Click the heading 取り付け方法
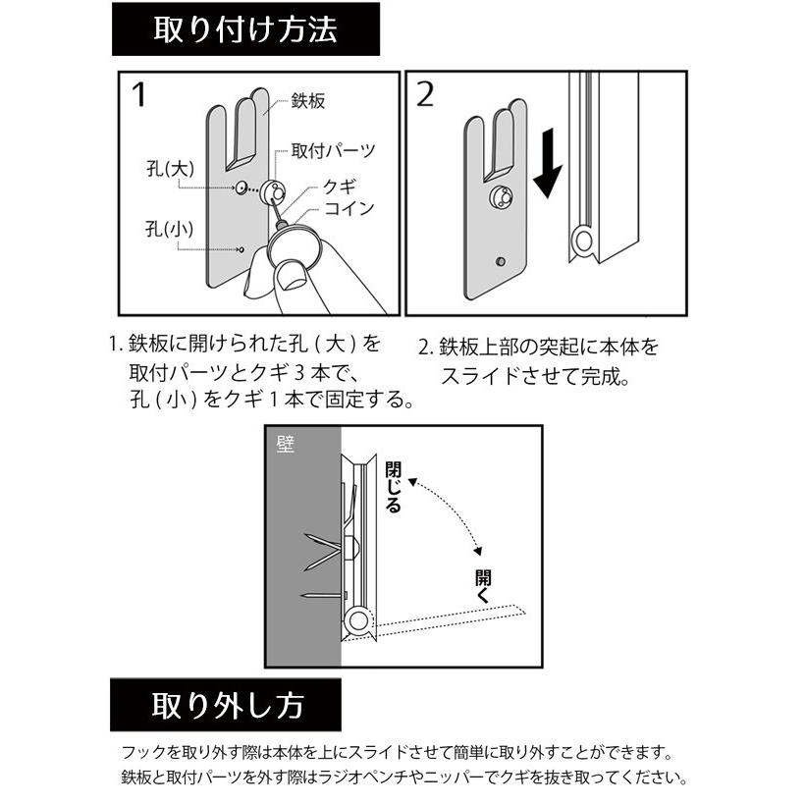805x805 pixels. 244,28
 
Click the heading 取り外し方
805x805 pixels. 226,705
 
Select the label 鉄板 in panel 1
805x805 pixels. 308,101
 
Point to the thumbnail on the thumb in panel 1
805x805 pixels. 291,277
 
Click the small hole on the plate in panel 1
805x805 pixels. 239,249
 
